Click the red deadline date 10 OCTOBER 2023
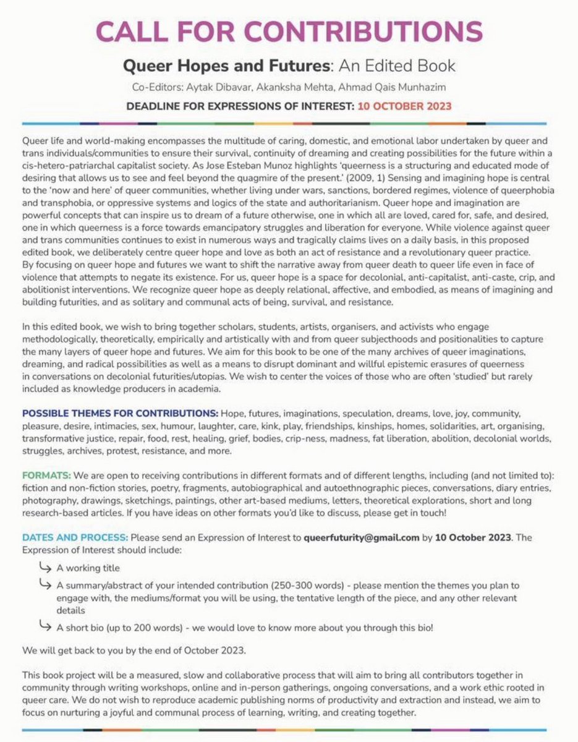(404, 105)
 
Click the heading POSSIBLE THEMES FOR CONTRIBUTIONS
(120, 412)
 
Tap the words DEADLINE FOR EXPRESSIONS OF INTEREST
(240, 105)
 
